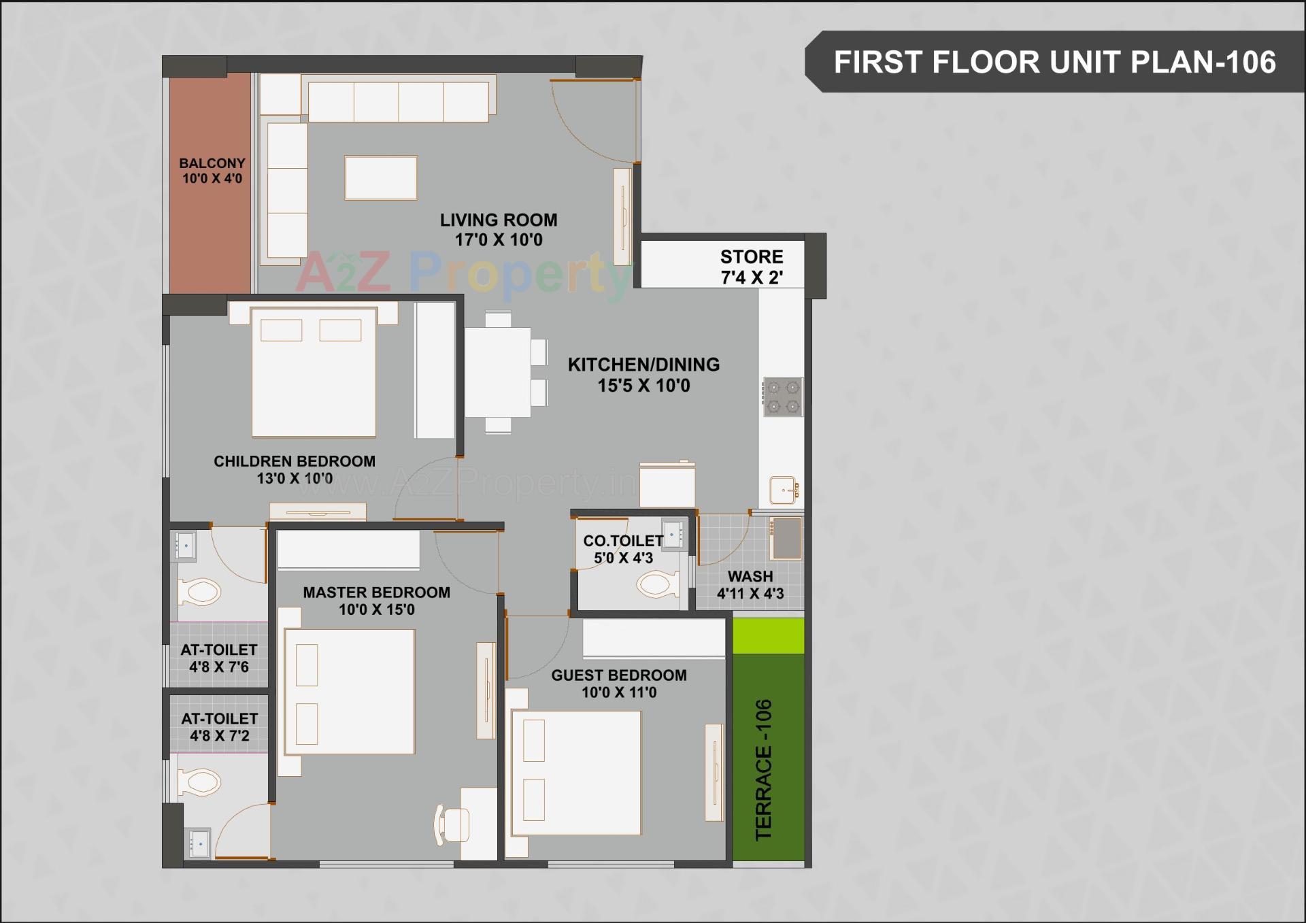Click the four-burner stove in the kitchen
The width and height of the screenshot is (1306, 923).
click(x=783, y=397)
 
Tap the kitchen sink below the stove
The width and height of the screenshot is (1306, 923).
click(x=784, y=490)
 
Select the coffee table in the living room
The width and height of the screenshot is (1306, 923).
click(x=381, y=178)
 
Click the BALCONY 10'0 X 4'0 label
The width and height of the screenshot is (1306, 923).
click(x=212, y=171)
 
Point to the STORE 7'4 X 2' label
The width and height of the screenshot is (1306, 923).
click(x=752, y=267)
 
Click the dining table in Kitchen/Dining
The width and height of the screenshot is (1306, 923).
click(x=498, y=372)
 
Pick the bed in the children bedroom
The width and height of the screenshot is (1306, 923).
click(x=314, y=372)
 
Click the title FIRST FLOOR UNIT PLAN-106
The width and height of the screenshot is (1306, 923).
click(x=1054, y=62)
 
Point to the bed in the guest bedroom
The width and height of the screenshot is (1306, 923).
click(x=576, y=773)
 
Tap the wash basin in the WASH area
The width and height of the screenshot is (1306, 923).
click(x=786, y=538)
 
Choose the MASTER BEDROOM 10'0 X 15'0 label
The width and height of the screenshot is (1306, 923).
click(x=376, y=601)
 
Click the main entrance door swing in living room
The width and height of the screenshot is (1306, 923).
click(x=593, y=119)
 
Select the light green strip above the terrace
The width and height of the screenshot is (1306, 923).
click(x=769, y=635)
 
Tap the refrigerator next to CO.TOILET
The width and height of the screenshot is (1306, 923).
click(x=667, y=484)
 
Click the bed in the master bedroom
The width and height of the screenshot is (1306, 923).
click(x=349, y=691)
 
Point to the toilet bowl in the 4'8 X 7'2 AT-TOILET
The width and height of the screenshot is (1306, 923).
click(x=199, y=783)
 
